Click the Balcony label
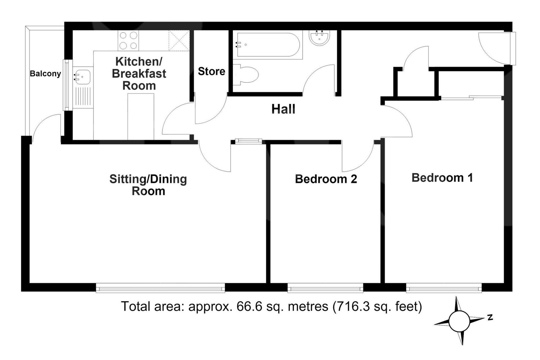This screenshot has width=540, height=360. pyautogui.click(x=45, y=74)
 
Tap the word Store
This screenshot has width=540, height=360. pyautogui.click(x=211, y=71)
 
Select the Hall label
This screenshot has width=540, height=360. pyautogui.click(x=283, y=109)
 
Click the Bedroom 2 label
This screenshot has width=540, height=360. pyautogui.click(x=326, y=179)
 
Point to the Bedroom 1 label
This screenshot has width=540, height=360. pyautogui.click(x=442, y=178)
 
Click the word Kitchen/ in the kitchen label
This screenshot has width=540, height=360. pyautogui.click(x=139, y=61)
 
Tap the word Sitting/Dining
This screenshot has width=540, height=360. pyautogui.click(x=148, y=179)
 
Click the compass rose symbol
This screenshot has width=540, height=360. pyautogui.click(x=459, y=321)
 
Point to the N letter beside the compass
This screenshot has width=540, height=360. pyautogui.click(x=490, y=317)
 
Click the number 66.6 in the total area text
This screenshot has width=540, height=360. pyautogui.click(x=247, y=306)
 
